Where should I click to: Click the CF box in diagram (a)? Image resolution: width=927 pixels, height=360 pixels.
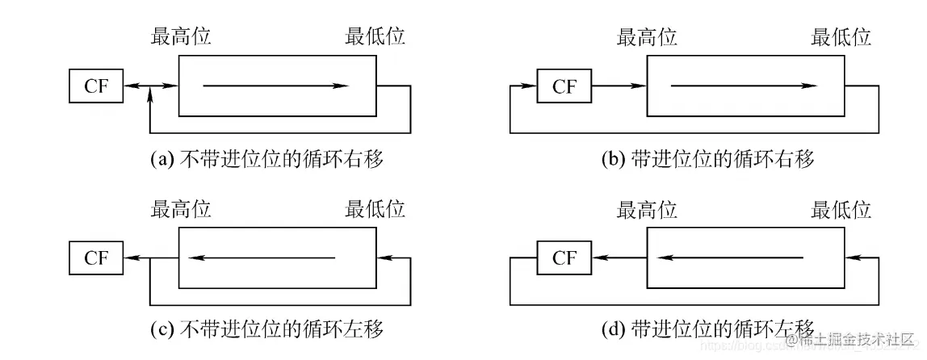point(96,86)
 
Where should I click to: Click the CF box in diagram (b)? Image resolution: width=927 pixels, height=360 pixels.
point(564,86)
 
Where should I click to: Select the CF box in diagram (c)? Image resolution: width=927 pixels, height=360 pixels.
point(96,258)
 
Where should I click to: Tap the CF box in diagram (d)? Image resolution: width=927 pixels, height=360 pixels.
point(564,258)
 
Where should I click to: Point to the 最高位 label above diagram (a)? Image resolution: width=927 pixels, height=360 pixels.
point(181,36)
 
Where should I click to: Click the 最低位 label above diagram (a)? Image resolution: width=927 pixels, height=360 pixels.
point(375,36)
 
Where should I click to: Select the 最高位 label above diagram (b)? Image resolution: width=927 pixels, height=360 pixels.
point(647,36)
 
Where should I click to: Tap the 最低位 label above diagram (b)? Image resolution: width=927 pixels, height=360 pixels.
point(841,36)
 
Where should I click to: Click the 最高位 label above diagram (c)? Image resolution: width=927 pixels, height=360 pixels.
point(181,210)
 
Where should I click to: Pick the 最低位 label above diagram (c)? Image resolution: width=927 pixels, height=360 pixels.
point(375,210)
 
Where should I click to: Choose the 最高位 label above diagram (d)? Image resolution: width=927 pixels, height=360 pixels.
point(647,210)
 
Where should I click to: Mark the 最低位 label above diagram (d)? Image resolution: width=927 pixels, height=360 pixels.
point(841,210)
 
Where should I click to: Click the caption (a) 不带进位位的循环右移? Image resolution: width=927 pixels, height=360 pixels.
point(267,159)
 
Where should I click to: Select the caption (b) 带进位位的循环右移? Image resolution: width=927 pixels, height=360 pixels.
point(708,159)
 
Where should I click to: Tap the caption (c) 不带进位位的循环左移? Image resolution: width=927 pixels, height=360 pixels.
point(267,329)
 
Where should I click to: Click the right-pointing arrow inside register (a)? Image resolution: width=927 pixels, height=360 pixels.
point(276,86)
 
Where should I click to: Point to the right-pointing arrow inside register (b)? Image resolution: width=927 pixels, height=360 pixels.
point(744,86)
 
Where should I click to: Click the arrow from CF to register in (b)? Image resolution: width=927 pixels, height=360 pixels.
point(619,86)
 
